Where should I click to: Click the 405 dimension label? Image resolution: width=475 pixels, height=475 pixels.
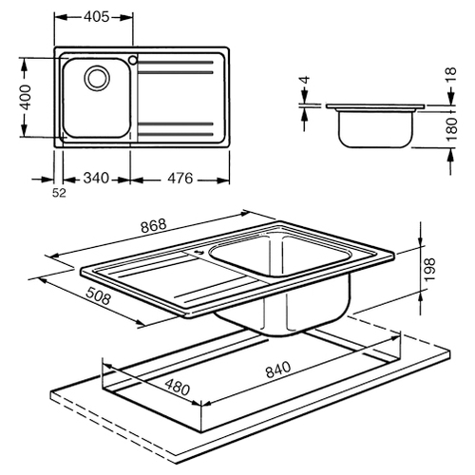(96, 16)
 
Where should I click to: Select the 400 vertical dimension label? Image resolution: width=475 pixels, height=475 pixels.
(27, 97)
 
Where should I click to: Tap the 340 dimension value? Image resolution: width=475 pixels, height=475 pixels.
(96, 178)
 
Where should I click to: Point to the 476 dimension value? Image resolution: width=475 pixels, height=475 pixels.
(180, 178)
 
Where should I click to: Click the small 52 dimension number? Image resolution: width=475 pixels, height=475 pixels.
(59, 193)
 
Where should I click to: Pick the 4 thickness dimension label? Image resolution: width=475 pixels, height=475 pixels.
(305, 80)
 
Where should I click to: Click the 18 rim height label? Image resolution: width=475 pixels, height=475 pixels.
(452, 75)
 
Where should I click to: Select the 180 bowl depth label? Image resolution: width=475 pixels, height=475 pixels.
(452, 130)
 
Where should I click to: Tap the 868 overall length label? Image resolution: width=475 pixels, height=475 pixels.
(154, 225)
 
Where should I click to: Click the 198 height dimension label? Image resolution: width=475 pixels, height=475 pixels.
(430, 270)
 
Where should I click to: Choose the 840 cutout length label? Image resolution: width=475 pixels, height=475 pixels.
(278, 370)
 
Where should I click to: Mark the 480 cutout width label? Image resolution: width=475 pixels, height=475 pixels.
(178, 387)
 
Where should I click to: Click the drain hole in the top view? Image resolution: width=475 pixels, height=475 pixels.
(97, 78)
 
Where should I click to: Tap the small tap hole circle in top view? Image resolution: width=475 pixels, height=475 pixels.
(133, 60)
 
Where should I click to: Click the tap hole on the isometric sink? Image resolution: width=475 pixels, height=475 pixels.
(199, 252)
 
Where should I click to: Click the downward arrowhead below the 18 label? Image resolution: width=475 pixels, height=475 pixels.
(450, 98)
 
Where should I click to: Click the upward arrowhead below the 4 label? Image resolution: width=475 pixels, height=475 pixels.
(305, 116)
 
